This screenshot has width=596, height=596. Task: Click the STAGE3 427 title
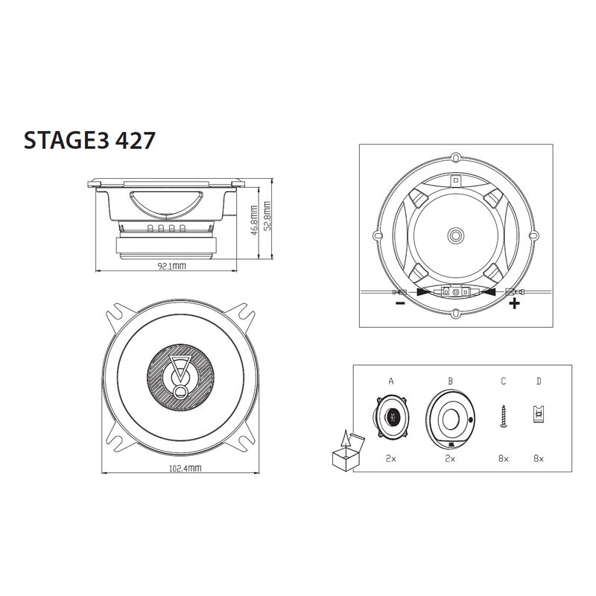tap(89, 140)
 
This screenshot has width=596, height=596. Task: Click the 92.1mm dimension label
tap(172, 266)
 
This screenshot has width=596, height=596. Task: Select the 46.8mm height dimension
tap(255, 221)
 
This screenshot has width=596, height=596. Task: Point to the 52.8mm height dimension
tap(267, 216)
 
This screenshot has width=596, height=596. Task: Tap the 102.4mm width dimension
tap(185, 469)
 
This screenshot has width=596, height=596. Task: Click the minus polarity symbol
tap(400, 303)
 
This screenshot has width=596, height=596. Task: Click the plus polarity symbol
tap(514, 303)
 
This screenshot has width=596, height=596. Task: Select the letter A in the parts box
tap(391, 381)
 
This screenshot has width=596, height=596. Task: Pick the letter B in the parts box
tap(451, 381)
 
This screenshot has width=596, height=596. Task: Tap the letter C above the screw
tap(504, 381)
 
